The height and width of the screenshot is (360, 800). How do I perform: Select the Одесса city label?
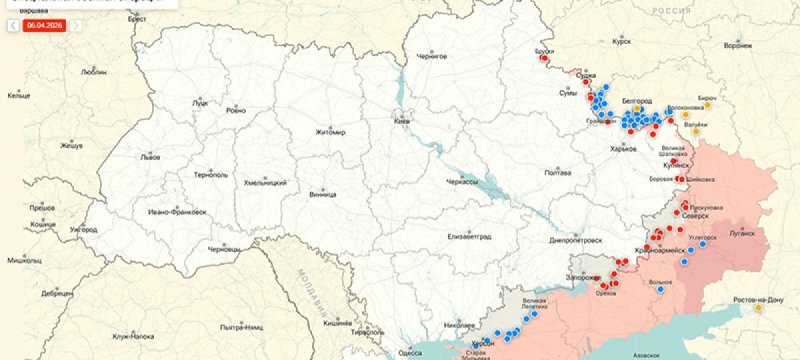(x=410, y=351)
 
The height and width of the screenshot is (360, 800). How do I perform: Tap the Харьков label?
(x=623, y=149)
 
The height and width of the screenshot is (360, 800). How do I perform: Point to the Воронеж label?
(x=737, y=46)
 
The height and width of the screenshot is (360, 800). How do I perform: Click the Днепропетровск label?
(x=577, y=241)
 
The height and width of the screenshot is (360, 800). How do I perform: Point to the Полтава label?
(x=557, y=172)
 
